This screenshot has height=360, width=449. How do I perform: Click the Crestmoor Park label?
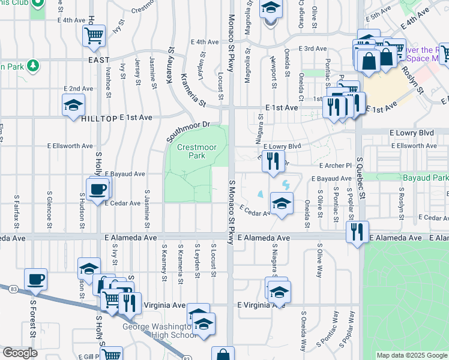pyautogui.click(x=191, y=151)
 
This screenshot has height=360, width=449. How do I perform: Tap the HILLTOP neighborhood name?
pyautogui.click(x=98, y=119)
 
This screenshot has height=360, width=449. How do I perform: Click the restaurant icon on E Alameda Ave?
pyautogui.click(x=358, y=232)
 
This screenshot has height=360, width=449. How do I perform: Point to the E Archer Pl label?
pyautogui.click(x=331, y=166)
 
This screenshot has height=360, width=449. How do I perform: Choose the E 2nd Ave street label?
pyautogui.click(x=79, y=88)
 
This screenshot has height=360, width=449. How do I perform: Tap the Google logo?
pyautogui.click(x=20, y=353)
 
